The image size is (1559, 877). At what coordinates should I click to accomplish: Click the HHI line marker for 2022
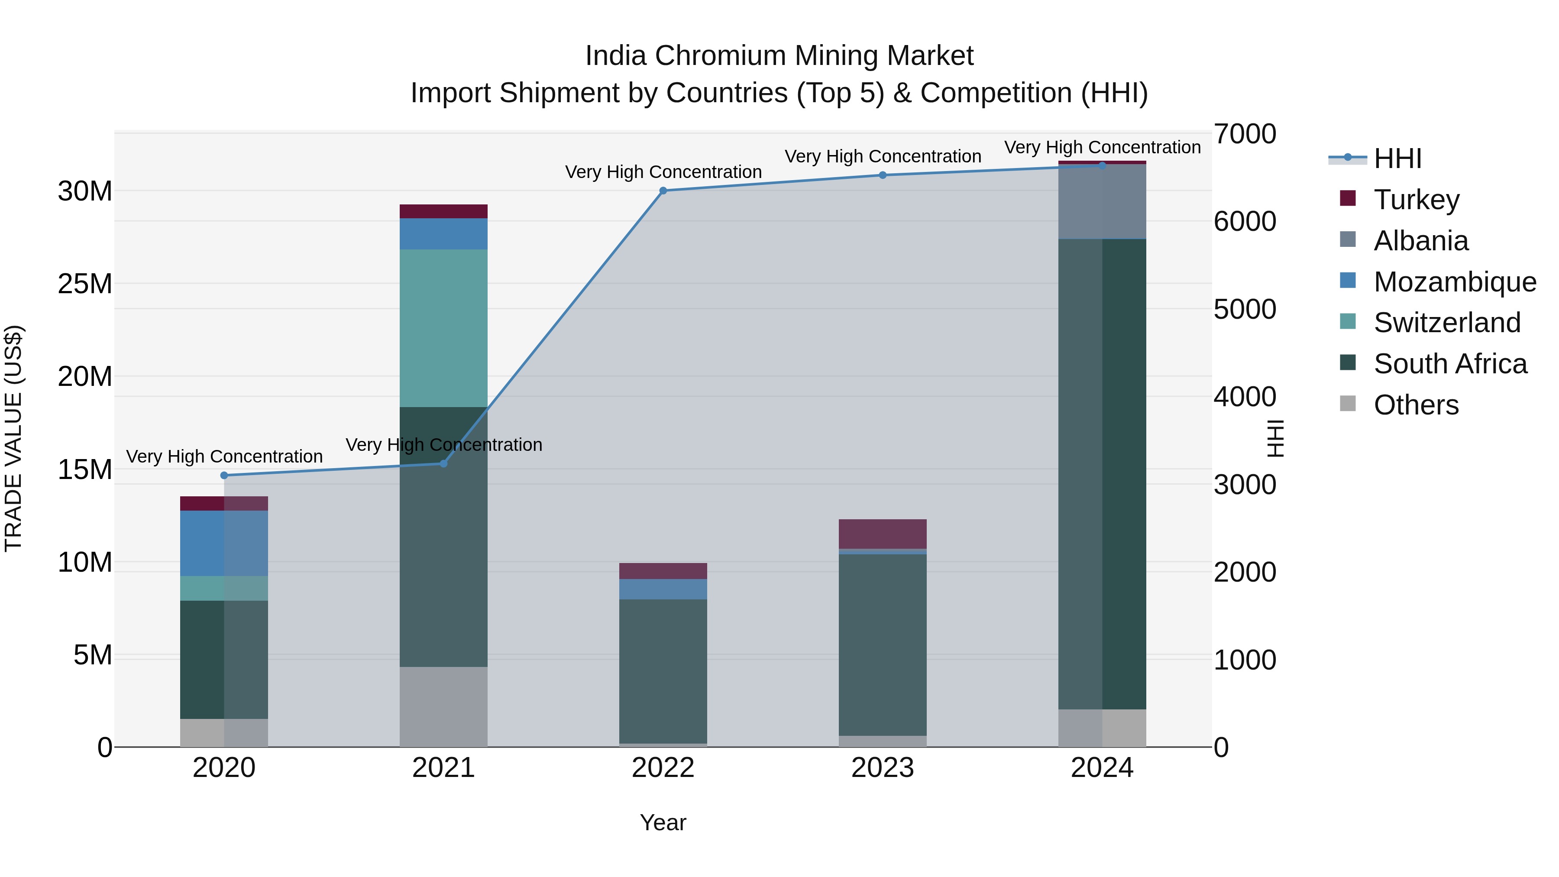(x=663, y=191)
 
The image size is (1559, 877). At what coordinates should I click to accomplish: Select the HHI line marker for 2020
(x=224, y=475)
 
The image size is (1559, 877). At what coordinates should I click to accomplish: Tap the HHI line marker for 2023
(x=883, y=175)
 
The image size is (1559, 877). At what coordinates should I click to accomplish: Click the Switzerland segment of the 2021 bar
(x=443, y=328)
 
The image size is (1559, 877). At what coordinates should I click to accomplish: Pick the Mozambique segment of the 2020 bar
(x=224, y=543)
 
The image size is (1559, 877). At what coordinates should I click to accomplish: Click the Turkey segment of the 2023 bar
(x=883, y=534)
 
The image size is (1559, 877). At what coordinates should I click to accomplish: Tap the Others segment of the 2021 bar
(x=443, y=706)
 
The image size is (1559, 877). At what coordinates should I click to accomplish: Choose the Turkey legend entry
(x=1416, y=200)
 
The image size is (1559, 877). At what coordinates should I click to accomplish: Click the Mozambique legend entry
(x=1454, y=282)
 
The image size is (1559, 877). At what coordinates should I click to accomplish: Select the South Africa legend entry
(x=1449, y=364)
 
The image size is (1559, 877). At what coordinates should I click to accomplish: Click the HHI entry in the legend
(x=1397, y=159)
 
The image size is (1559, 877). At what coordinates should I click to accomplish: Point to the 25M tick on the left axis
(x=85, y=284)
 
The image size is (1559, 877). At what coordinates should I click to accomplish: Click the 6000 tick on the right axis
(x=1245, y=221)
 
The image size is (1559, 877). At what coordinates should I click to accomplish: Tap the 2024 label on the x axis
(x=1101, y=768)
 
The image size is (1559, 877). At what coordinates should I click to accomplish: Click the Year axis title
(x=663, y=822)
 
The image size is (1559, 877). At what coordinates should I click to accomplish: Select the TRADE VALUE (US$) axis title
(x=13, y=439)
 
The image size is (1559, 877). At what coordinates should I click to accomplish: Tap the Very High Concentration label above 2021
(x=443, y=445)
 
